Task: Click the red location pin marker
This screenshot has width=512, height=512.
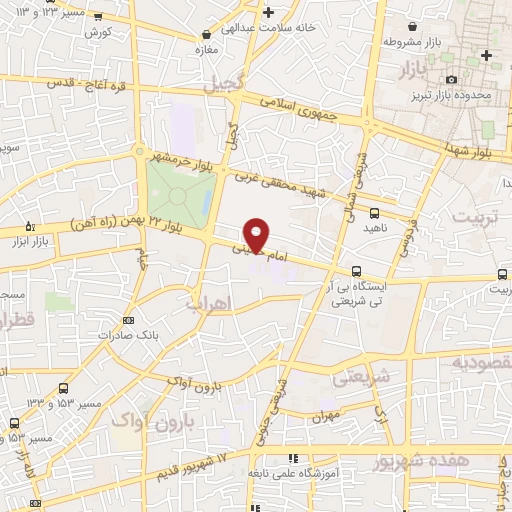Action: [x=257, y=234]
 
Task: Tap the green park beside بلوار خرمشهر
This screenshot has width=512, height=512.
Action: [x=180, y=191]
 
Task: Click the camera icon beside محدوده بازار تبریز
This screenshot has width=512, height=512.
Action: [x=451, y=79]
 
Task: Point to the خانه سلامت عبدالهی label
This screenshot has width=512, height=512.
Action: [x=282, y=28]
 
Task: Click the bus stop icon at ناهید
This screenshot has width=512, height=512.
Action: [x=374, y=212]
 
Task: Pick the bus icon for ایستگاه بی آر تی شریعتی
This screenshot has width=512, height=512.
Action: [x=357, y=271]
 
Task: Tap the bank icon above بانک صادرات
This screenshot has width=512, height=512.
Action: [x=128, y=320]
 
